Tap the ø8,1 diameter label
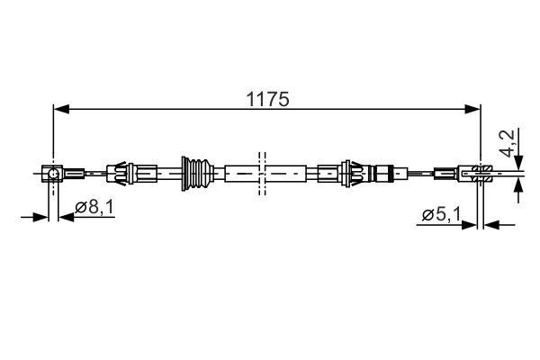(x=93, y=208)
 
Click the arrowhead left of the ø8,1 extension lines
(x=40, y=216)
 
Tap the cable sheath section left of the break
(x=239, y=171)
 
